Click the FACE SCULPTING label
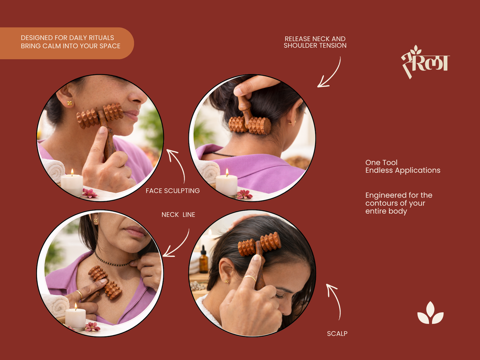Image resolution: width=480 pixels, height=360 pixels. click(173, 191)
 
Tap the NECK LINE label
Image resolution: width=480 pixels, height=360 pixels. click(178, 215)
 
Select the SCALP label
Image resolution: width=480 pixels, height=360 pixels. click(337, 334)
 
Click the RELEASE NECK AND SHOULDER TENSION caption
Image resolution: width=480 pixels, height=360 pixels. click(315, 42)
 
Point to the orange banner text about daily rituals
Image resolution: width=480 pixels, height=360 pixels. click(70, 42)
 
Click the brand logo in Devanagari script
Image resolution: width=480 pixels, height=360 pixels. click(425, 62)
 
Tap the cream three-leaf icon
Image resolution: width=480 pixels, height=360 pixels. click(430, 313)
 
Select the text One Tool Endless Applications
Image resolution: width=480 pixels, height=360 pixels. click(403, 166)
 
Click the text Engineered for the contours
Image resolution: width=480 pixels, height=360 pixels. click(399, 203)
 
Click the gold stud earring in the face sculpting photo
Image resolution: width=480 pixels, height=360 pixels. click(69, 103)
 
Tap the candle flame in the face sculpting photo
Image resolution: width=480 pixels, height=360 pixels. click(72, 172)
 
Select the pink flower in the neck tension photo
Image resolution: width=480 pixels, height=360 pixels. click(244, 195)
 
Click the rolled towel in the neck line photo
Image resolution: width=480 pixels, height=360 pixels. click(56, 305)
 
